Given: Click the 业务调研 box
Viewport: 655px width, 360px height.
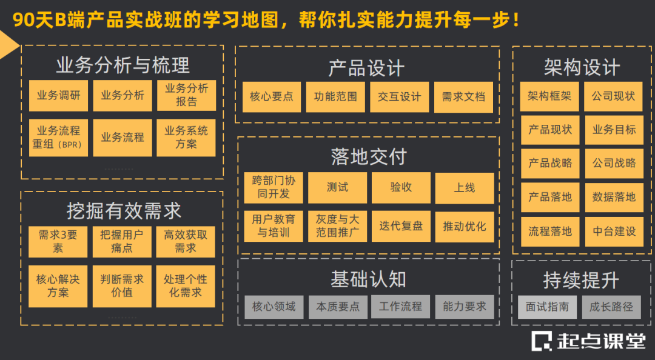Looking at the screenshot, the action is click(x=58, y=96).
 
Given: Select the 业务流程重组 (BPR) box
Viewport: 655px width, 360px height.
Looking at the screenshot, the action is click(x=58, y=138).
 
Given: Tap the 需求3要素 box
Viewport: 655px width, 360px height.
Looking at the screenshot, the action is click(x=58, y=241).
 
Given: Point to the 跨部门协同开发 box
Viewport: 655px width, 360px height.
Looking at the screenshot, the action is click(x=274, y=187).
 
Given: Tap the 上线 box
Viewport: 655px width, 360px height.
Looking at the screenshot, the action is click(x=465, y=188).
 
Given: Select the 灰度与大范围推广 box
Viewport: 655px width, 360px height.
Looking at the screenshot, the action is click(x=337, y=226).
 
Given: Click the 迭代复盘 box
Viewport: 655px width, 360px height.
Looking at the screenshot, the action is click(x=401, y=226).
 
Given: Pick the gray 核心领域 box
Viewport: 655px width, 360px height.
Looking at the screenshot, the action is click(x=274, y=307).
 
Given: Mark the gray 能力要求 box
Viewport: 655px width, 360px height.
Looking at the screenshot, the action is click(x=465, y=307).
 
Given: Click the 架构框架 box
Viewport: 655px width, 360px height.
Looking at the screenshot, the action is click(x=549, y=96).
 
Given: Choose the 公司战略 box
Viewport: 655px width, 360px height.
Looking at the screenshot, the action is click(x=614, y=163).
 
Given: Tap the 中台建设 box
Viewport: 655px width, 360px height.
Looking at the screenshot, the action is click(x=614, y=231).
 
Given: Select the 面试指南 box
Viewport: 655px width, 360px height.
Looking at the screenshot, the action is click(x=548, y=307).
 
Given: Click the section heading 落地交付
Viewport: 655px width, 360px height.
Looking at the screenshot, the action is click(x=368, y=157).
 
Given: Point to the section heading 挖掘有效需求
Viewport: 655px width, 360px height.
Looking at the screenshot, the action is click(x=124, y=211).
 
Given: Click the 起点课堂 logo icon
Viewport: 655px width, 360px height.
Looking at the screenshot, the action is click(x=542, y=341).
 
